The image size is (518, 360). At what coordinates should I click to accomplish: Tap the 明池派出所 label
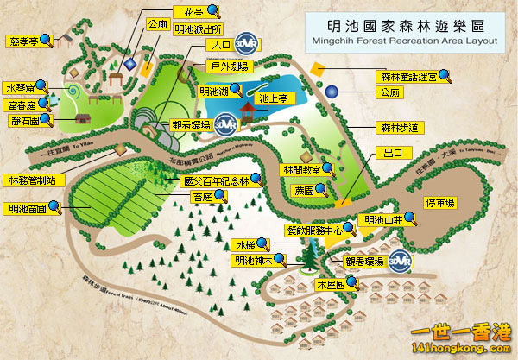click(x=198, y=28)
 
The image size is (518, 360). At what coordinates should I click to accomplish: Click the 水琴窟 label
click(x=22, y=88)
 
